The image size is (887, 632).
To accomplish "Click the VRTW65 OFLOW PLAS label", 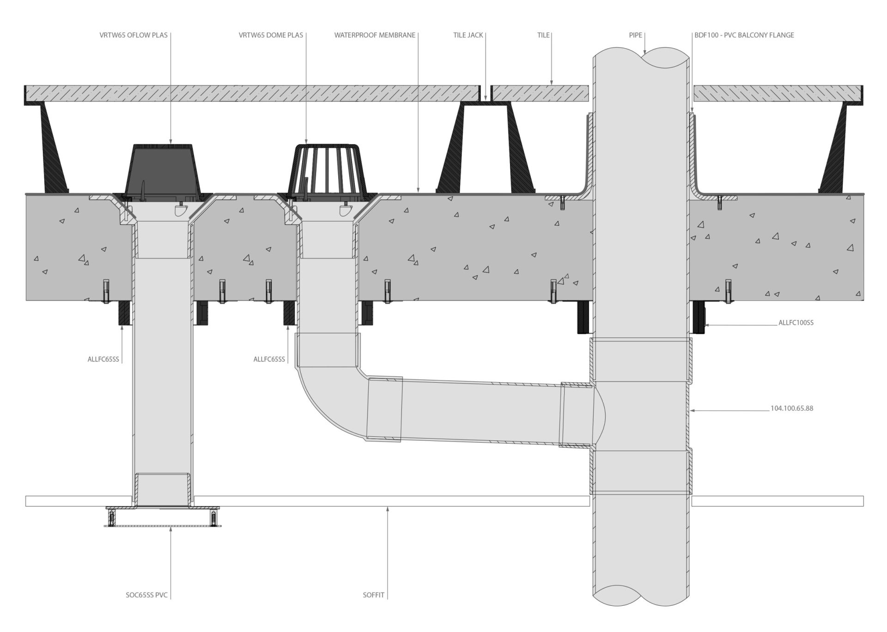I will click(x=134, y=35).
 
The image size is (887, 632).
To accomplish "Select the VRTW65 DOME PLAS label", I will click(x=271, y=35).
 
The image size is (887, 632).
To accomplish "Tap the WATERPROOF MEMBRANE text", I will click(x=375, y=35).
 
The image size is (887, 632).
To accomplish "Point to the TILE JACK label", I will click(x=468, y=35).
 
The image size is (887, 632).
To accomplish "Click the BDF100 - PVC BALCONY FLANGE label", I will click(x=744, y=35).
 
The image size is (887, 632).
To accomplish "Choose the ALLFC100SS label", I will click(x=796, y=323).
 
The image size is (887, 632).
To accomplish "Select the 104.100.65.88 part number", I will click(x=792, y=409).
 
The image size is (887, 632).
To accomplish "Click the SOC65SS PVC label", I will click(x=146, y=595).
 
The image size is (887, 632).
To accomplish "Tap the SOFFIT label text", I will click(x=373, y=595).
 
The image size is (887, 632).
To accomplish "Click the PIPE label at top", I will click(x=635, y=35).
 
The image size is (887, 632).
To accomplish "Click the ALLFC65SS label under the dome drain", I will click(x=269, y=359).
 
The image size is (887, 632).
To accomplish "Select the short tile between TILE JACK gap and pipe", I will click(x=540, y=93).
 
